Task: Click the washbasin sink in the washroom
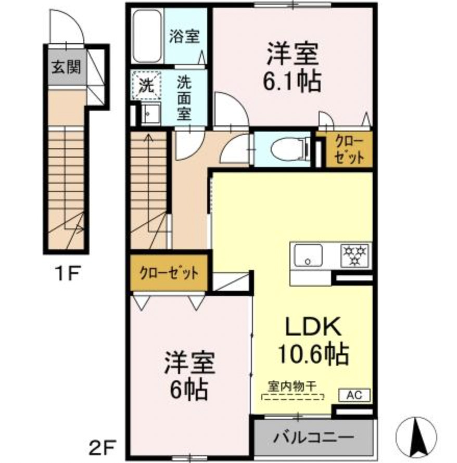151,113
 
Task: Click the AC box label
354,395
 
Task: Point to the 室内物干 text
294,387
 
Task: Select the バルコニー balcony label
313,436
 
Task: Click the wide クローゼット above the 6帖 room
169,273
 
